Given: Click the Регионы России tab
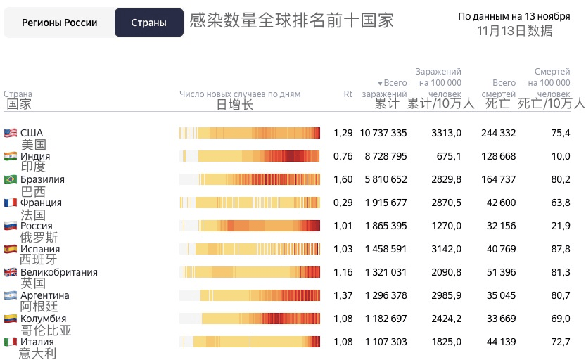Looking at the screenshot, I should coord(59,22).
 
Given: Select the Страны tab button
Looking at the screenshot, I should coord(148,22).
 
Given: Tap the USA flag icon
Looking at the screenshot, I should coord(10,133).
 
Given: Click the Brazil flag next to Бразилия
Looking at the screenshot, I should coord(10,179).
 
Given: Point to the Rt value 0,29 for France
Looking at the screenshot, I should coord(343,202).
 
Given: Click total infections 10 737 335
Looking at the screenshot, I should coord(383,133).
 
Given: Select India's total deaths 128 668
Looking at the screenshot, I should coord(498,156).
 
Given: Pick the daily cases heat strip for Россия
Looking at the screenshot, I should coord(250,226).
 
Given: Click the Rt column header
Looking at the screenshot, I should coord(348,94).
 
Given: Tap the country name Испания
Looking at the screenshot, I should coord(40,249).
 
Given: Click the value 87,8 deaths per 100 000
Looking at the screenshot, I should coord(561,249).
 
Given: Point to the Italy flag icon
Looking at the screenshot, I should coord(10,342).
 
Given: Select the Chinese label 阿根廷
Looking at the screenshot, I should coord(39,307).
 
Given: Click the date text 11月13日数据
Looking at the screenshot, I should coord(514,31).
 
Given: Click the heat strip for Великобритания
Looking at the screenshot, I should coord(250,272).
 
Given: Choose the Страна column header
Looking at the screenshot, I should coord(18,94).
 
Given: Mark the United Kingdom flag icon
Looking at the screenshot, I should coord(10,272).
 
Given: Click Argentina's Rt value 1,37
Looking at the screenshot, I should coord(343,295).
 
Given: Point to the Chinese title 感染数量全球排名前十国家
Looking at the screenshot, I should coord(291,20).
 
